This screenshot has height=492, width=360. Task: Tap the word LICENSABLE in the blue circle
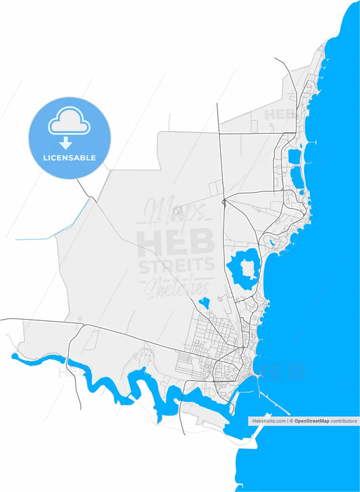click(x=70, y=157)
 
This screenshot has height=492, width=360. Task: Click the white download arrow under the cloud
click(x=66, y=143)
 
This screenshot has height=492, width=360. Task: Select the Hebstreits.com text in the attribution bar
click(x=267, y=420)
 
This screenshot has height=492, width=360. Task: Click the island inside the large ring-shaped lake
click(x=246, y=269)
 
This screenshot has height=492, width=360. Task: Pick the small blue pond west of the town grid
click(x=205, y=302)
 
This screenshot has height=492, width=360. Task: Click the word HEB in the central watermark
click(x=176, y=241)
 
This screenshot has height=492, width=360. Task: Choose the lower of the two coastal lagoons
click(x=297, y=178)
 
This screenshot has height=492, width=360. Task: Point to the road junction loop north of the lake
click(x=224, y=202)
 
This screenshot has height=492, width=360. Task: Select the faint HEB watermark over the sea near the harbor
click(x=284, y=371)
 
